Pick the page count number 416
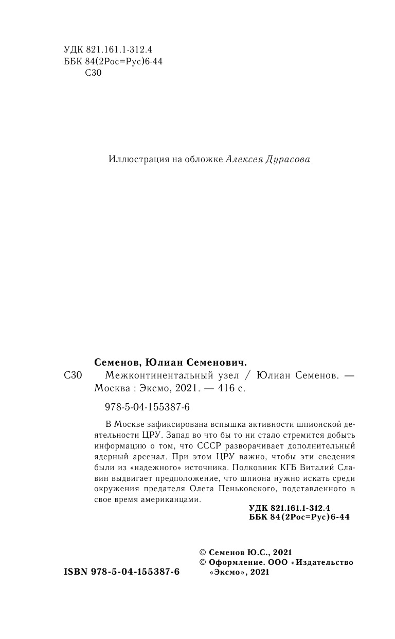coord(222,389)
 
